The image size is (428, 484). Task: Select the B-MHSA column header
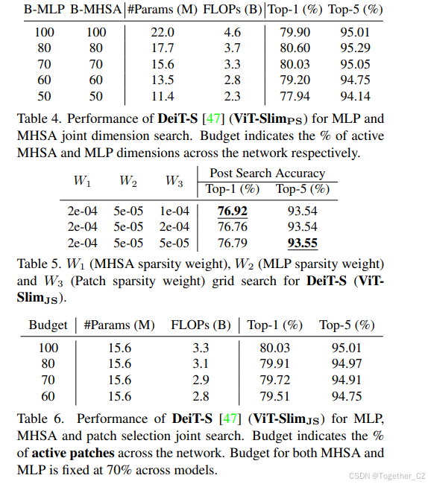coord(96,10)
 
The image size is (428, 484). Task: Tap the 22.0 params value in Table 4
coord(162,33)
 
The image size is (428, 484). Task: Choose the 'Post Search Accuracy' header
coord(267,173)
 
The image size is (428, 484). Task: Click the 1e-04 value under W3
coord(174,211)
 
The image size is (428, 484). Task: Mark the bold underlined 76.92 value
coord(232,211)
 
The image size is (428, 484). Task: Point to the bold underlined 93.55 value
coord(301,243)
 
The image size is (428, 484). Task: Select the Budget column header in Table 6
coord(48,325)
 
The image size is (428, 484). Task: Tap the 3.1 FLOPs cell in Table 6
coord(201,364)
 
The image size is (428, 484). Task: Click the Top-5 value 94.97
coord(347,364)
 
